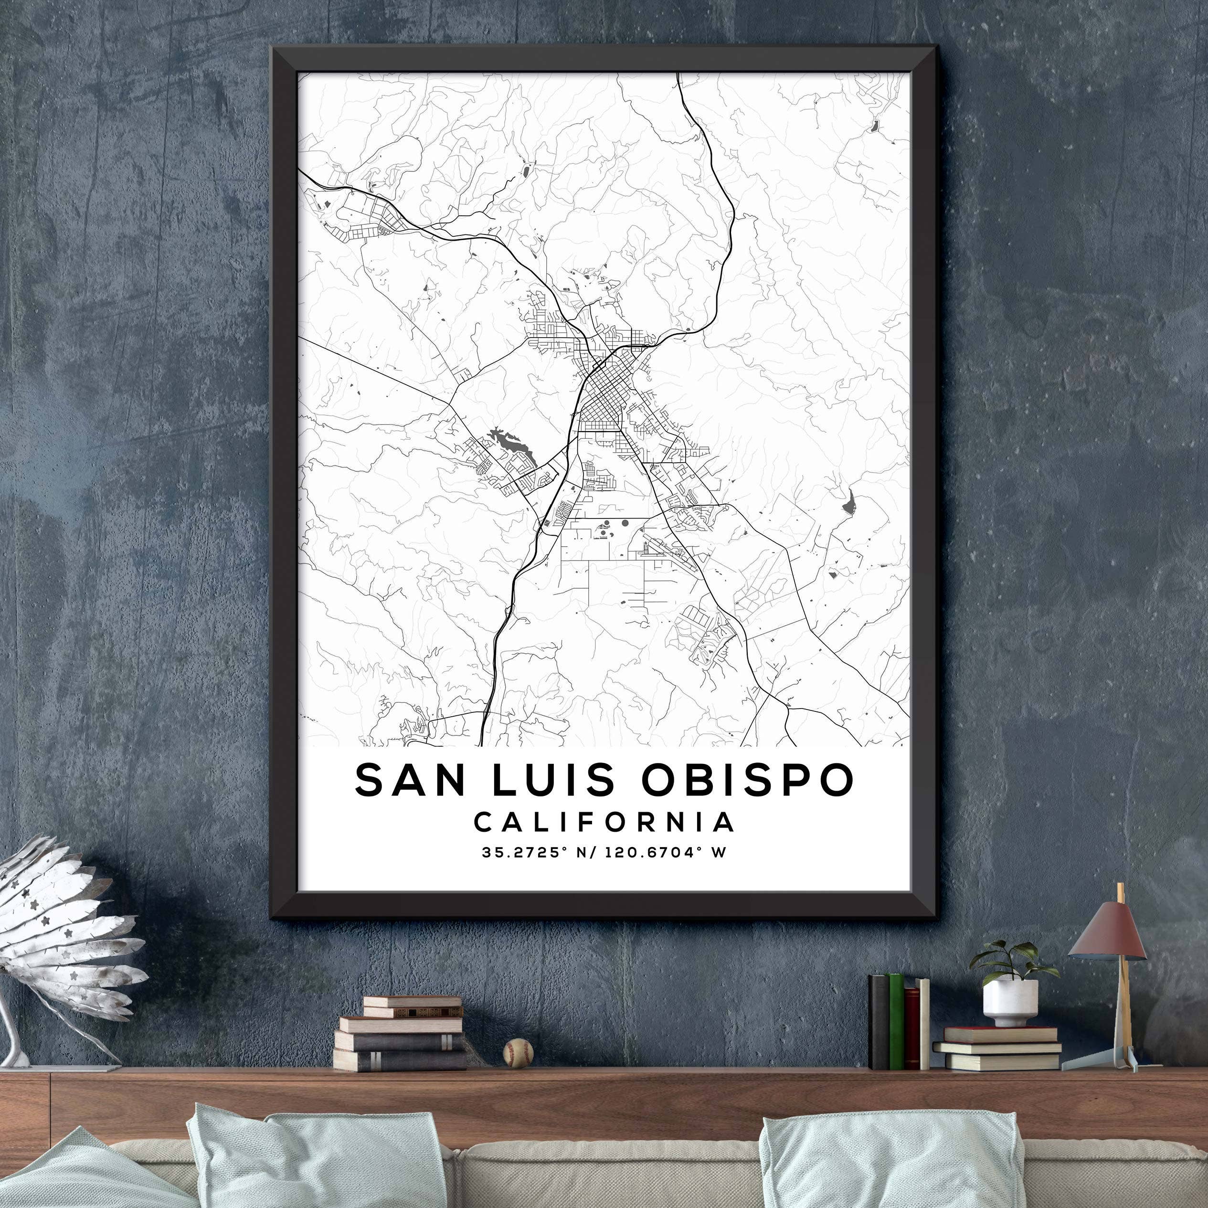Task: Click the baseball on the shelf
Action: coord(519,1052)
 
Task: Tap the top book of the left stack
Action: coord(412,1002)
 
